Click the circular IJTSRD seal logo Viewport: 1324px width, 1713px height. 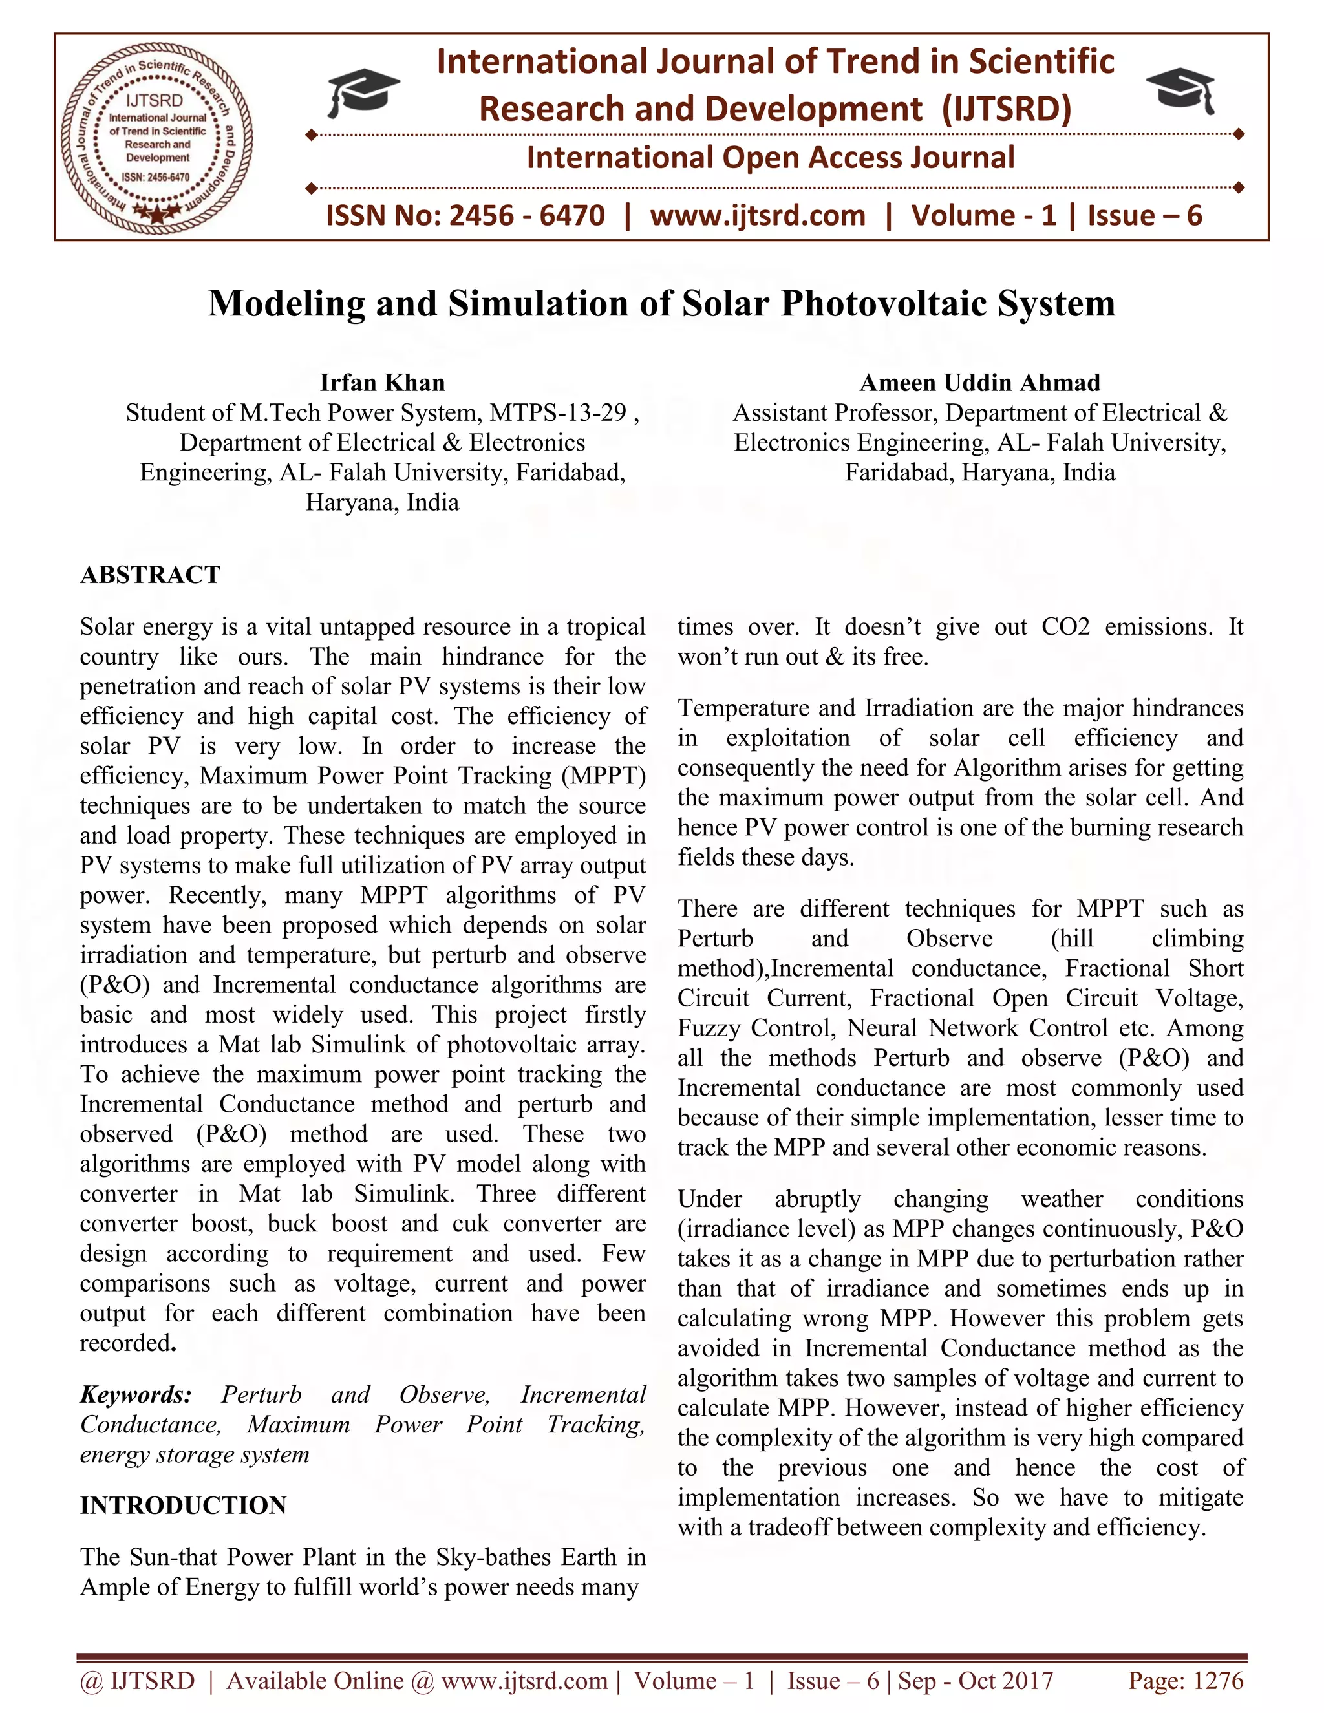157,138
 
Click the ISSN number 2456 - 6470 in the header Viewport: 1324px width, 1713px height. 526,216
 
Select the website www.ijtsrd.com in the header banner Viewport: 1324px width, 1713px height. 758,216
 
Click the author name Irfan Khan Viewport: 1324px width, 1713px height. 382,383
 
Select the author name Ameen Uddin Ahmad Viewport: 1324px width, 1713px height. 979,383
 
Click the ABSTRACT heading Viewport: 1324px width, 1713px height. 150,574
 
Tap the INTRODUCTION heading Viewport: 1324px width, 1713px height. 183,1505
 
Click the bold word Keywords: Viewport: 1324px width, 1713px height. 136,1394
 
